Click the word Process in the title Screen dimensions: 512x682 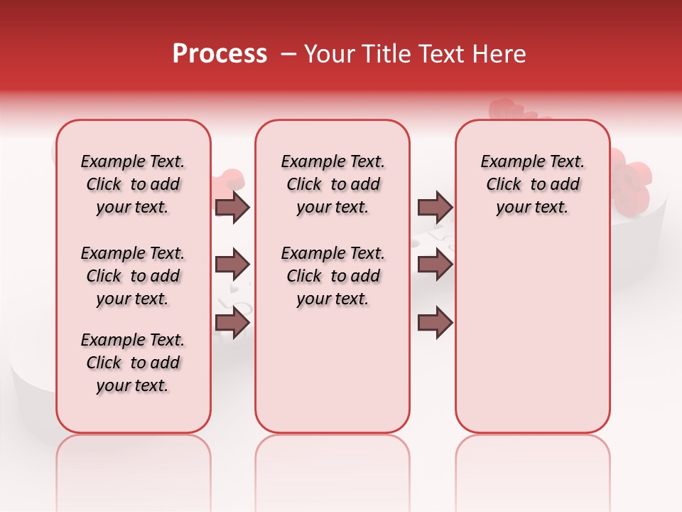[220, 54]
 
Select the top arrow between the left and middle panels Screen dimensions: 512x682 [232, 208]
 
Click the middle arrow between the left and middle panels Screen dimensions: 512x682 [232, 265]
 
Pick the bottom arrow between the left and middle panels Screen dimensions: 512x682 [232, 323]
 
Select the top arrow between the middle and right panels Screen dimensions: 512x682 [435, 208]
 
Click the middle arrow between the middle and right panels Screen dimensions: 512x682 [435, 265]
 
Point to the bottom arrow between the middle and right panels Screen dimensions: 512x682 [435, 323]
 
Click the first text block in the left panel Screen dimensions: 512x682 [133, 184]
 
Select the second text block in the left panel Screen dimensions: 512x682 [133, 276]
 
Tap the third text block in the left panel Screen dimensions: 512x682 [133, 363]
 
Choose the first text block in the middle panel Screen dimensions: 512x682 [332, 184]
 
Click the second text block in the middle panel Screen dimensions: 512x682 [332, 276]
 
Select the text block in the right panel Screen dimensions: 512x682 [532, 184]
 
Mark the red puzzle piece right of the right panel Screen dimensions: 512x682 [632, 178]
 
